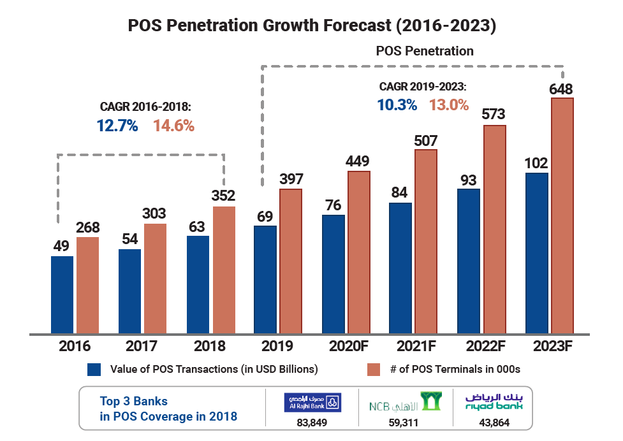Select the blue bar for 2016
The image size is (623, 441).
(x=62, y=294)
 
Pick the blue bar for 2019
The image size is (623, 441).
(x=265, y=279)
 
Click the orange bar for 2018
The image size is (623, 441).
(x=224, y=270)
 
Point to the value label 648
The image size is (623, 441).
(x=562, y=89)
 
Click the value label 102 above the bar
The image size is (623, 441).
(x=536, y=163)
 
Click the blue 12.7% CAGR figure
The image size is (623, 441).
(x=117, y=126)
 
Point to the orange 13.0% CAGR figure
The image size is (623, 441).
(x=449, y=105)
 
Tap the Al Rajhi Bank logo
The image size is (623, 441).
(x=312, y=403)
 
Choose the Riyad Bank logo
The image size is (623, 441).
(x=494, y=402)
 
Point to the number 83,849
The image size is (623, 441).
(x=312, y=421)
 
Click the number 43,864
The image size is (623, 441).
(x=494, y=421)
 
